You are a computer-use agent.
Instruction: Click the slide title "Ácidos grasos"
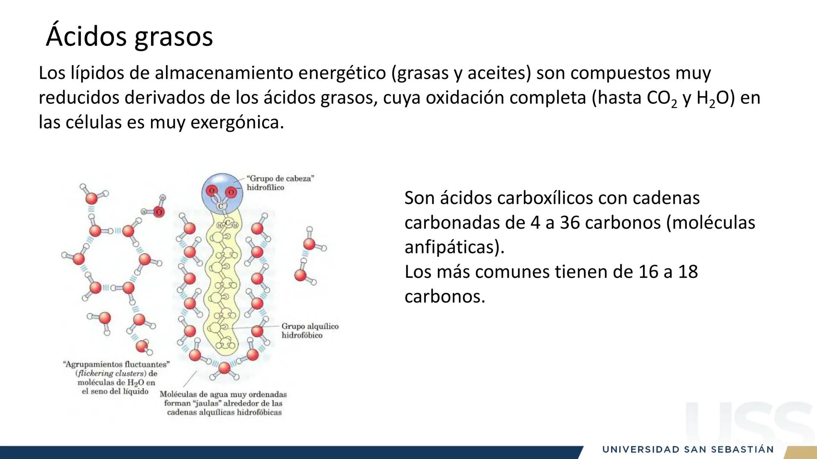(129, 36)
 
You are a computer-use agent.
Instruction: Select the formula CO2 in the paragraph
(662, 99)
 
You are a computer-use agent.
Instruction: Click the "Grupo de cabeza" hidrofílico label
(280, 183)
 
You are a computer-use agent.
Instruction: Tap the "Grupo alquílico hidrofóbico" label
(310, 331)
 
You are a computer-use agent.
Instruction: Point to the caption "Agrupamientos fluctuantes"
(116, 364)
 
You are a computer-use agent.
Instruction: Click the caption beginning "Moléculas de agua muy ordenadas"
(224, 403)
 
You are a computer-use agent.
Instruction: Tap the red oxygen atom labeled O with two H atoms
(159, 212)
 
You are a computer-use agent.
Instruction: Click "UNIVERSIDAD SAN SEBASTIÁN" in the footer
(688, 450)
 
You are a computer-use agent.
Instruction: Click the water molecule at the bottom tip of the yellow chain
(224, 368)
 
